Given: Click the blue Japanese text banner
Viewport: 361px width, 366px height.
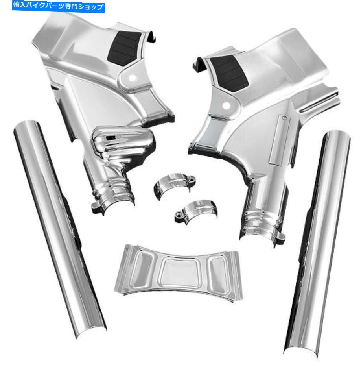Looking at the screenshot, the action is click(x=58, y=7).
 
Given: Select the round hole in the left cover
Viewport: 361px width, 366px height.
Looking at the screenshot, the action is click(x=132, y=78).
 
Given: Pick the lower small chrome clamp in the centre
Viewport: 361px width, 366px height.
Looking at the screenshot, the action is click(x=196, y=211).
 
